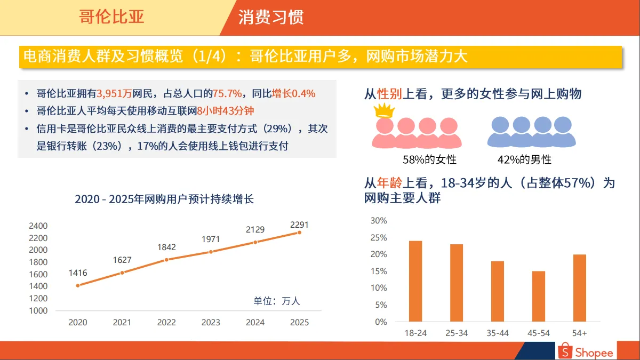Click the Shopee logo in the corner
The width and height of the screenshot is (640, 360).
(x=585, y=351)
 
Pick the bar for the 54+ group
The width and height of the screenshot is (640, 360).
(x=580, y=288)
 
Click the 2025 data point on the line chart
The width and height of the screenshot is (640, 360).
(x=299, y=233)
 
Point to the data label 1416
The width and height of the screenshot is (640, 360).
(x=78, y=273)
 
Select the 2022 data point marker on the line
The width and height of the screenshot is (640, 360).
(x=166, y=260)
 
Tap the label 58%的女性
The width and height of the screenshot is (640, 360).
(x=429, y=159)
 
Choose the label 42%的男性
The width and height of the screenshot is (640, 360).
(x=524, y=159)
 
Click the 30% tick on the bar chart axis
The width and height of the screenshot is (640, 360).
(x=379, y=220)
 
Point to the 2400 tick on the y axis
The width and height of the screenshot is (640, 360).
(x=38, y=226)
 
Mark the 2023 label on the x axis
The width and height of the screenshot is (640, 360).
(x=211, y=322)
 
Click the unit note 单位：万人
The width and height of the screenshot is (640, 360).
(x=276, y=301)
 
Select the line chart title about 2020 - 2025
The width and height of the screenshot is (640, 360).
(x=164, y=199)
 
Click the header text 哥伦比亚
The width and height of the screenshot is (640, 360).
(x=111, y=17)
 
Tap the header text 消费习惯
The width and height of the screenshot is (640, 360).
(x=271, y=17)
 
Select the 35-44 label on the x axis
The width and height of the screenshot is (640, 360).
(x=498, y=333)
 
